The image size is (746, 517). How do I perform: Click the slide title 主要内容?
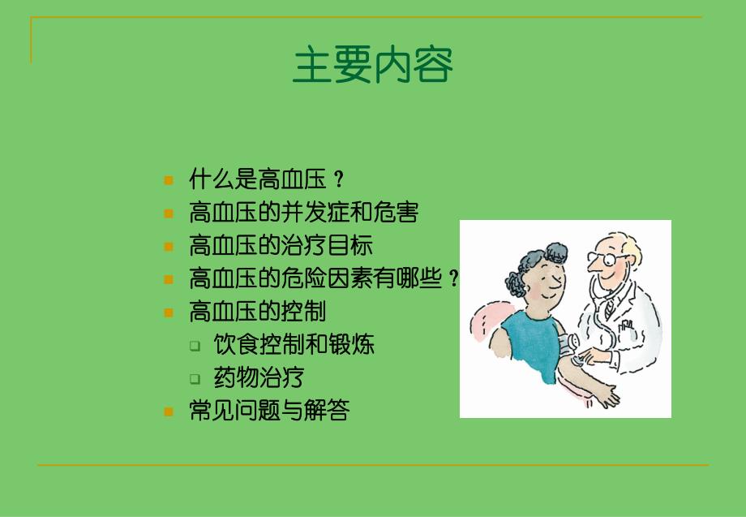point(372,66)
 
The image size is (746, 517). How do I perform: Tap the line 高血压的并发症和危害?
point(303,213)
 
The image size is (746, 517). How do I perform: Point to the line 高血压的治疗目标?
point(281,246)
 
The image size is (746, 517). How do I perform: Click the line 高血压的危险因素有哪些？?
point(324,279)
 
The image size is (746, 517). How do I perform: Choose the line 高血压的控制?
point(257,312)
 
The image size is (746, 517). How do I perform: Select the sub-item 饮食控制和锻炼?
point(294,345)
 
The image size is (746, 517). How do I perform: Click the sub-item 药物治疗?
point(259,377)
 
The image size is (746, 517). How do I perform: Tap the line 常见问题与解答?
point(268,411)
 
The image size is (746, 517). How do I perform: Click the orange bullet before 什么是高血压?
point(169,180)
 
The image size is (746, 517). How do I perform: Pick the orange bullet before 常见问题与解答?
point(169,411)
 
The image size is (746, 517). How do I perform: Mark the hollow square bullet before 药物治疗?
point(195,378)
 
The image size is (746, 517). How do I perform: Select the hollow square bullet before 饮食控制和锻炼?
point(195,346)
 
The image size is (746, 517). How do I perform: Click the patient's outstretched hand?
point(604,397)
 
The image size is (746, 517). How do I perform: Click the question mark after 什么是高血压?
point(339,180)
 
